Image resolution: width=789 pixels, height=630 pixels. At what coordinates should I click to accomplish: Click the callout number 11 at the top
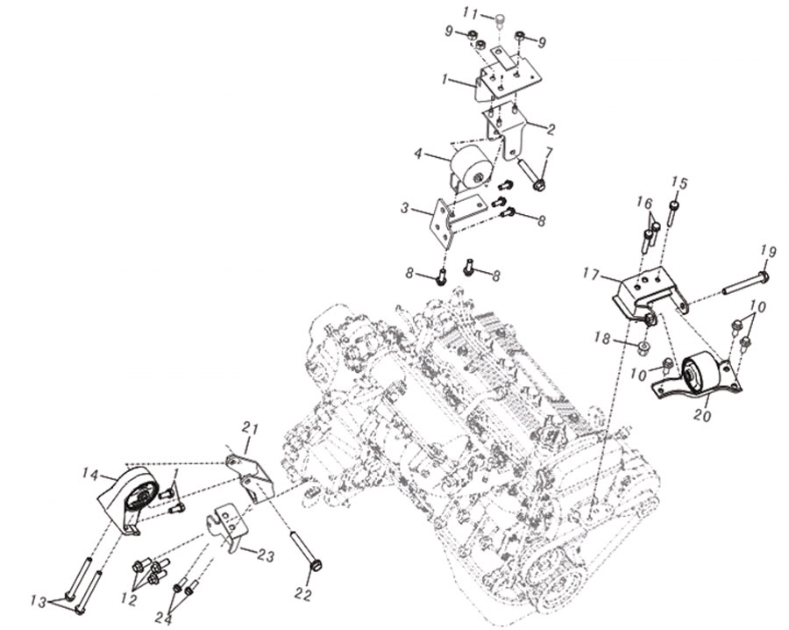coord(471,12)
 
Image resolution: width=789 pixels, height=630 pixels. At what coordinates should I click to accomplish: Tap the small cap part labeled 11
coord(498,21)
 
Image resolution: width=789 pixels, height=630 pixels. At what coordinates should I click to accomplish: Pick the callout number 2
coord(551,130)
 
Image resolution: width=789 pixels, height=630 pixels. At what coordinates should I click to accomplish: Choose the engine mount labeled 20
coord(697,376)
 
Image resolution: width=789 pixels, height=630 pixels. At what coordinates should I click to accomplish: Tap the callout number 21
coord(250,430)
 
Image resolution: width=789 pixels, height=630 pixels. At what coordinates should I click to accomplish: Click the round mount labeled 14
coord(129,499)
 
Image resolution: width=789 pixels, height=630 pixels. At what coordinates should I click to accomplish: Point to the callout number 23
coord(266,556)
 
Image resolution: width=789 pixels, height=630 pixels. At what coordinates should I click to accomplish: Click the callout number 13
coord(38,602)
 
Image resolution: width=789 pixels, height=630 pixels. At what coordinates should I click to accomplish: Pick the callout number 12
coord(130,600)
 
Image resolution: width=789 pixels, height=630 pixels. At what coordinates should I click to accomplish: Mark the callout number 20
coord(703,416)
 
